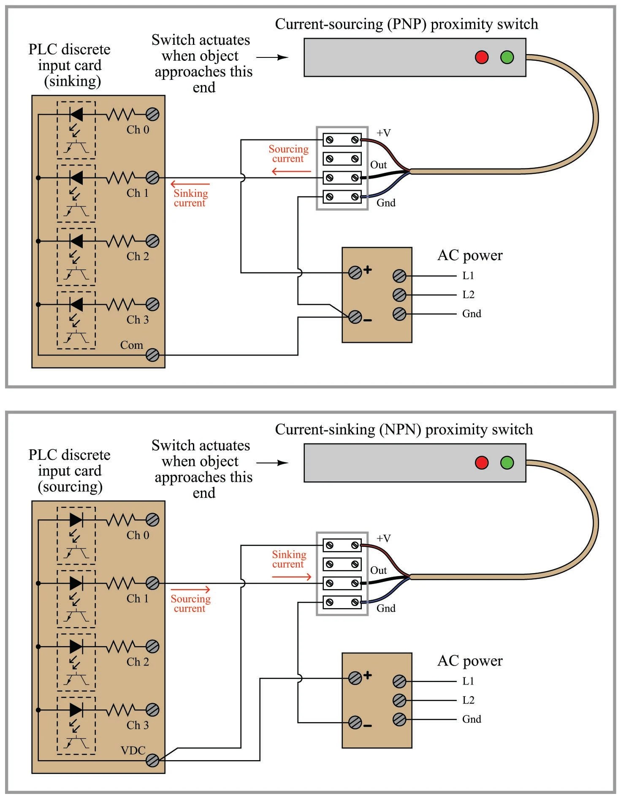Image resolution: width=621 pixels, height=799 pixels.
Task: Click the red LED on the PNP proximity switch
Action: [482, 57]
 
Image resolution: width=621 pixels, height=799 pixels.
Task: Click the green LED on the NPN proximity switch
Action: [507, 462]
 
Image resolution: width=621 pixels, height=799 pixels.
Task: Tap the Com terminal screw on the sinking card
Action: [152, 355]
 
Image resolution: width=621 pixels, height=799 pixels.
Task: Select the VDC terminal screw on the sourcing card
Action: [152, 761]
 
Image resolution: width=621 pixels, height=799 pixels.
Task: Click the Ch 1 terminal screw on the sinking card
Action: [152, 178]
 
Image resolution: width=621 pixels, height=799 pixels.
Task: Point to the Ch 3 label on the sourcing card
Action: [138, 725]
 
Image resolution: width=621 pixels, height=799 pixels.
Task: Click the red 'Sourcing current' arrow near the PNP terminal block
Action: [291, 171]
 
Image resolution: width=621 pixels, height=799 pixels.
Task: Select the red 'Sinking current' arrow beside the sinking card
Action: [190, 184]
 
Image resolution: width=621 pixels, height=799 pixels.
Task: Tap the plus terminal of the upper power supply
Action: [355, 273]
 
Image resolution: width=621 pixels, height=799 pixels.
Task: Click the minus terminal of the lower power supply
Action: [355, 723]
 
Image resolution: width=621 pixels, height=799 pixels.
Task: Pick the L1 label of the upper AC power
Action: [468, 276]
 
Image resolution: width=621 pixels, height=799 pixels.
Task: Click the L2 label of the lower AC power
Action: [468, 700]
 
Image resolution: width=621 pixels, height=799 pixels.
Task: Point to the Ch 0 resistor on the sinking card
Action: [120, 114]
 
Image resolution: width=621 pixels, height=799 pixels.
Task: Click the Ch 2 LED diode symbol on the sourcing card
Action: [76, 647]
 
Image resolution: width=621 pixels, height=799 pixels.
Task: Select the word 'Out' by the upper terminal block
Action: [378, 165]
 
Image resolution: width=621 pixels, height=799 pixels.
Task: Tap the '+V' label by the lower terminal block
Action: [383, 538]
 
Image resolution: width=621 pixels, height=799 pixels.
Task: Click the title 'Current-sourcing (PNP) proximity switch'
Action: [406, 24]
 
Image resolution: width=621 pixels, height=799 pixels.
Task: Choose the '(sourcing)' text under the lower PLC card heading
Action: [70, 487]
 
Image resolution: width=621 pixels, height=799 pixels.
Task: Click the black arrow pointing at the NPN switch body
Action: [272, 463]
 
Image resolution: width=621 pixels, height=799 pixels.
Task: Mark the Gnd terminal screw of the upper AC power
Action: [399, 314]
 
